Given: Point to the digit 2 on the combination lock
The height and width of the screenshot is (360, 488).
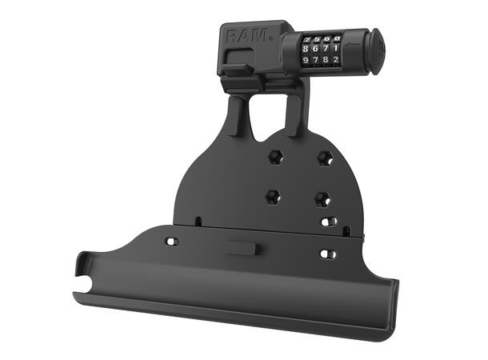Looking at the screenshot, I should (x=337, y=59).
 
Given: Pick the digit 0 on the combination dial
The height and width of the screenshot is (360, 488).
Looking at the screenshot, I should (x=338, y=38).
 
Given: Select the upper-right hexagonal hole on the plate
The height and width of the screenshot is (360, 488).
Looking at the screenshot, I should (x=325, y=158).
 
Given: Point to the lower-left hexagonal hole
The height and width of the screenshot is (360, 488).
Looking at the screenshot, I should (x=273, y=195).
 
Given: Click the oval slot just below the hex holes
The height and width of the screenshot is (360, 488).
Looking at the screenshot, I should (x=326, y=222).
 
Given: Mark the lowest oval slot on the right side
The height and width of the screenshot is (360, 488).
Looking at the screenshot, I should (x=327, y=254).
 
